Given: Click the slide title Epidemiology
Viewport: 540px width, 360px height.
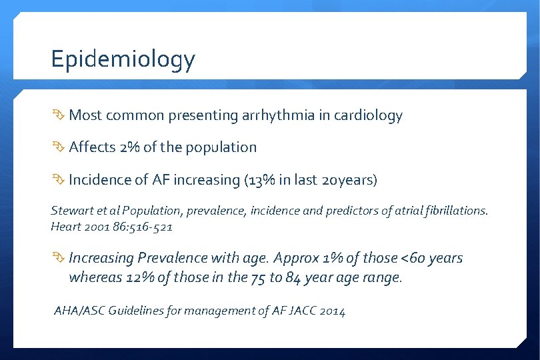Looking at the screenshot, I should coord(123,60).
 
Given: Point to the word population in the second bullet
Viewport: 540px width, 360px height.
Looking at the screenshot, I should coord(221,147).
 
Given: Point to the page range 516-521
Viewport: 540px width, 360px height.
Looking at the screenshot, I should coord(153,227).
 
